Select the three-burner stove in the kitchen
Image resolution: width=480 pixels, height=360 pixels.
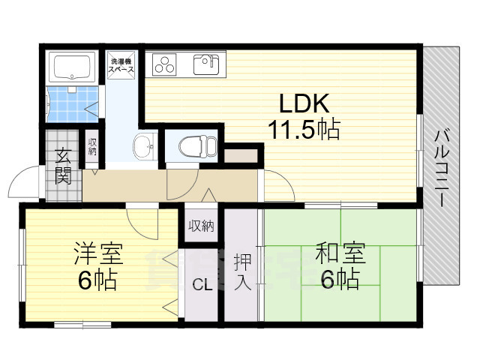(164, 64)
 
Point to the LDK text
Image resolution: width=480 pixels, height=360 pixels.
(304, 103)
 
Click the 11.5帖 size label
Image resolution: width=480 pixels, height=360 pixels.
(304, 130)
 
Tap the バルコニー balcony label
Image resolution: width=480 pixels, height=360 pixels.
(442, 168)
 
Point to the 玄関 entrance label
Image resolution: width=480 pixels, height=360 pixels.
(62, 167)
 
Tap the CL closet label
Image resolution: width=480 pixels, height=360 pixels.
(201, 284)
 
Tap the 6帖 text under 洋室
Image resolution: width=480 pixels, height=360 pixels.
(96, 280)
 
